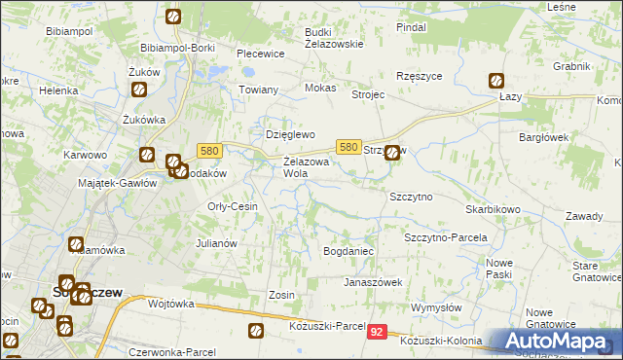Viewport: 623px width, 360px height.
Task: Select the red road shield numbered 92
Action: tap(379, 333)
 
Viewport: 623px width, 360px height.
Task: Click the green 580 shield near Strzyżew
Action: tap(349, 146)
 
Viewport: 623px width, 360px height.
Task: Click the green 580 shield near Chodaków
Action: tap(209, 151)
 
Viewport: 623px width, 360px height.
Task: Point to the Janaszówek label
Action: tap(372, 282)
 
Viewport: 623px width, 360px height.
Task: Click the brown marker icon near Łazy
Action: tap(496, 82)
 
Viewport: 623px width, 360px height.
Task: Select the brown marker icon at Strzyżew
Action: tap(392, 152)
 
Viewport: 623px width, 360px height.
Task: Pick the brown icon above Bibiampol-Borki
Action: tap(172, 17)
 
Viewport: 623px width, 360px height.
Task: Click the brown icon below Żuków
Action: tap(138, 90)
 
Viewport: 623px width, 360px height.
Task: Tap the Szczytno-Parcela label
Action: tap(445, 237)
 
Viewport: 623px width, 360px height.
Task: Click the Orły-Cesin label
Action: tap(233, 206)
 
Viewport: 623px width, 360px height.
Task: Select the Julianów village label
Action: tap(217, 243)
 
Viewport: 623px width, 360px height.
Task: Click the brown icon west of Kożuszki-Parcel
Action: tap(256, 331)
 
